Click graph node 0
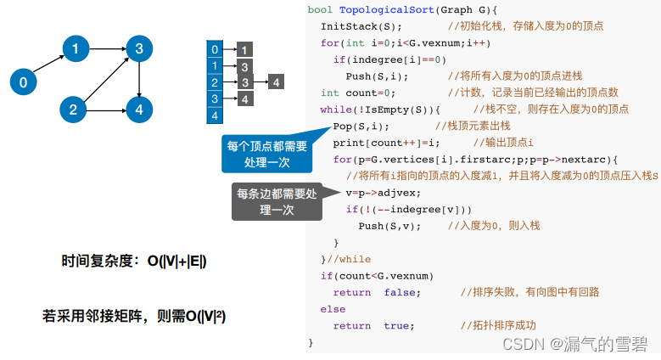pyautogui.click(x=23, y=82)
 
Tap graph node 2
pyautogui.click(x=74, y=109)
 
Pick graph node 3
pyautogui.click(x=138, y=49)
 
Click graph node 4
pyautogui.click(x=138, y=109)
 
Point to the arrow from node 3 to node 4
pyautogui.click(x=138, y=79)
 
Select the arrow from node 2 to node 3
pyautogui.click(x=106, y=79)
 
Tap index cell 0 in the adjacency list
pyautogui.click(x=216, y=49)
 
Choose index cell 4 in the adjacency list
pyautogui.click(x=216, y=115)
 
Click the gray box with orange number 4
pyautogui.click(x=244, y=98)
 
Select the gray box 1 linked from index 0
pyautogui.click(x=244, y=49)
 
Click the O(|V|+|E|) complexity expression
pyautogui.click(x=177, y=262)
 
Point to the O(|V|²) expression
pyautogui.click(x=199, y=317)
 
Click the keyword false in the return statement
pyautogui.click(x=400, y=292)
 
